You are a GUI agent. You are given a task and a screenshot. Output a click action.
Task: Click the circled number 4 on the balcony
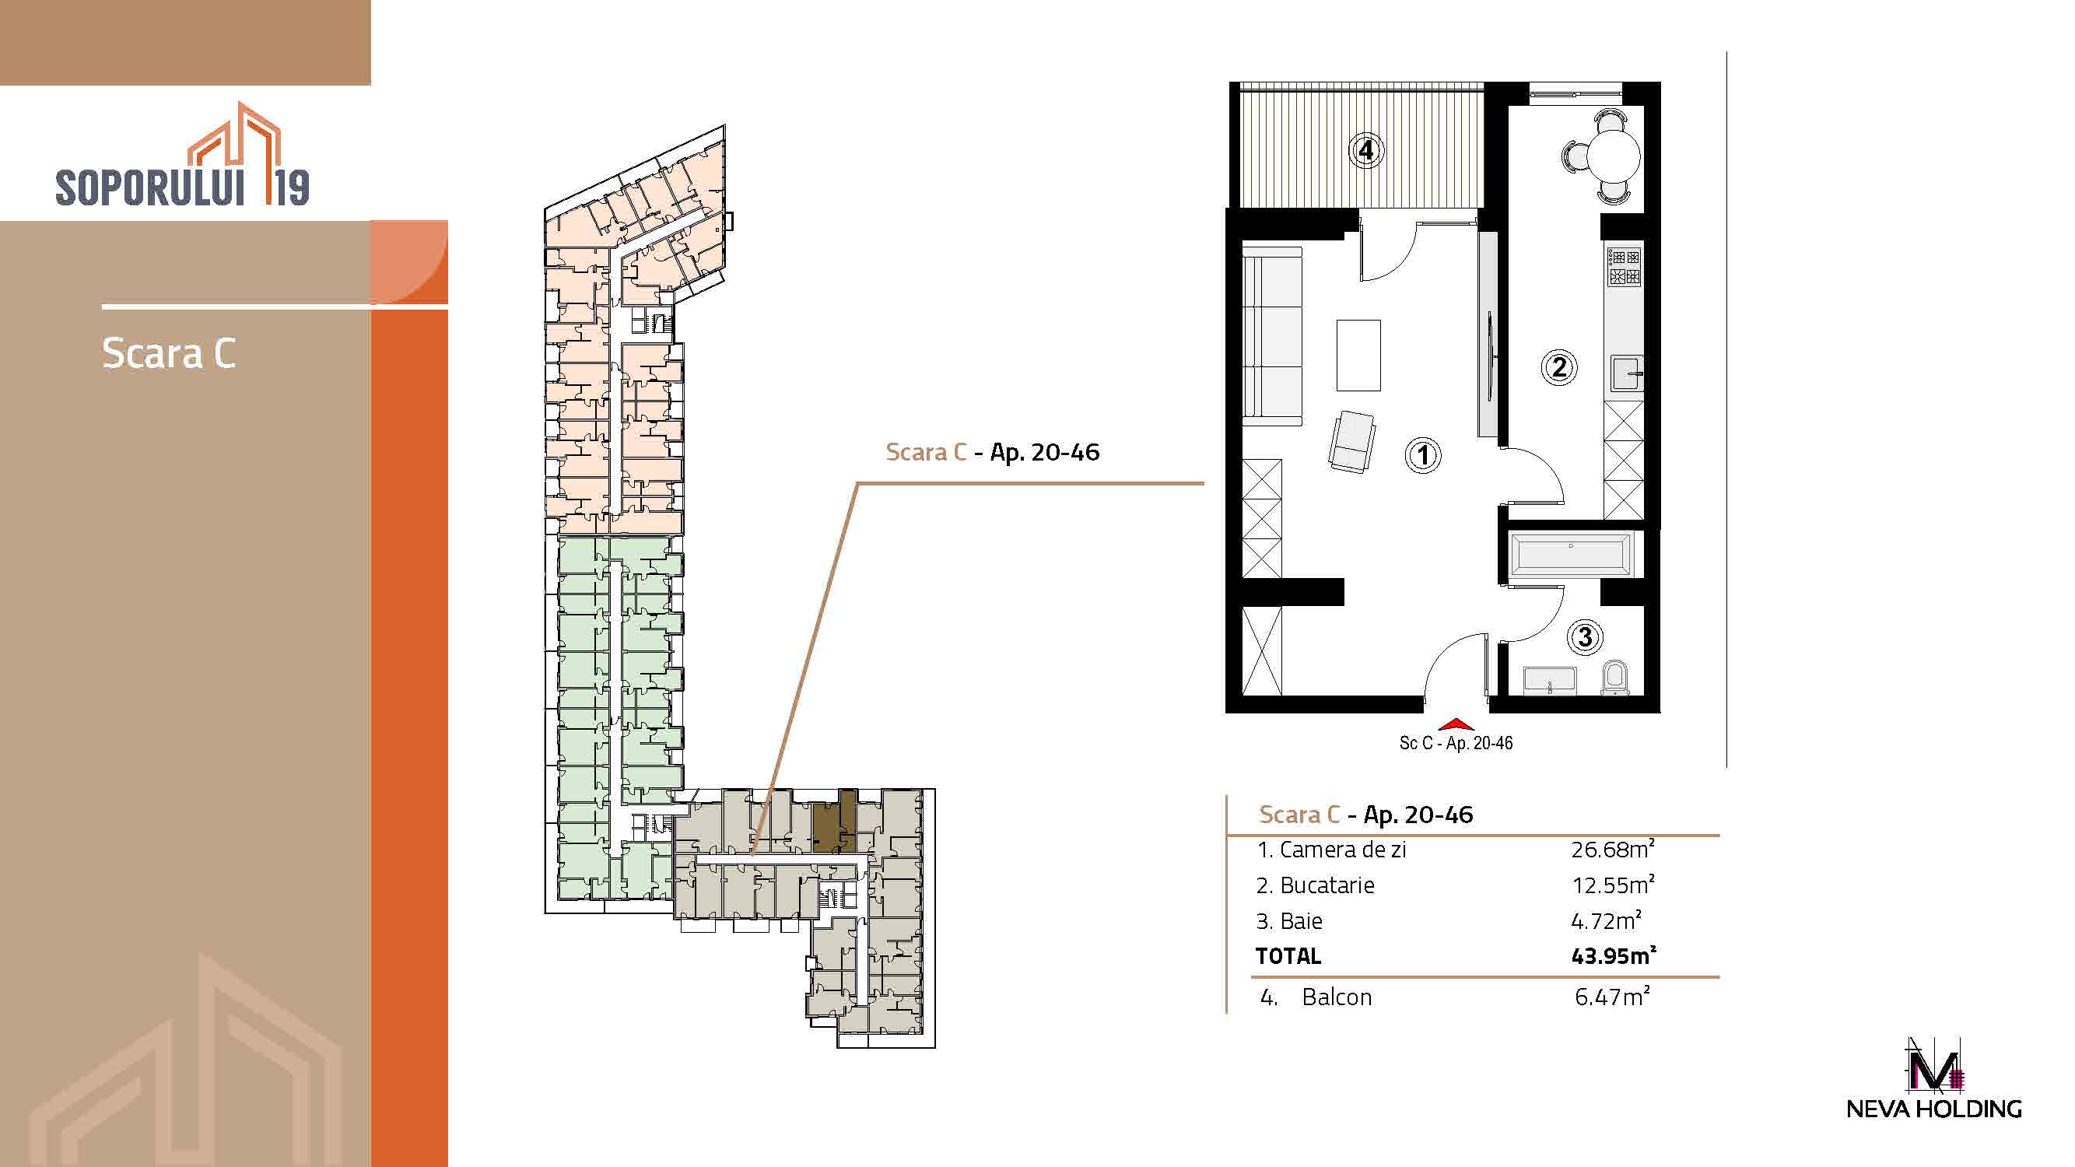(1366, 151)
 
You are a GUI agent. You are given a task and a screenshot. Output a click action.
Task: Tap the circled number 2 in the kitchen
(1558, 367)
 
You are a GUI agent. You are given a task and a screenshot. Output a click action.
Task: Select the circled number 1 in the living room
(1422, 455)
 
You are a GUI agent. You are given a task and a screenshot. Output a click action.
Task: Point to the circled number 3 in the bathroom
(1584, 637)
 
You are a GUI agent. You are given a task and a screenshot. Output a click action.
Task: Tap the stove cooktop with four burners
(1624, 268)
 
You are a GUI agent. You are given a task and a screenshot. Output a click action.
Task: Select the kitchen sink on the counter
(1626, 373)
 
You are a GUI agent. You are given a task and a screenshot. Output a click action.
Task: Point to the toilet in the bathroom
(1614, 678)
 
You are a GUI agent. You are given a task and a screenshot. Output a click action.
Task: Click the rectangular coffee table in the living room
(1358, 356)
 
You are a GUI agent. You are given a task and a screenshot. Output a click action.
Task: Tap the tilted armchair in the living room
(1351, 441)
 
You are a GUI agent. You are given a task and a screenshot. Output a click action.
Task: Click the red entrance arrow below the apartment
(1455, 724)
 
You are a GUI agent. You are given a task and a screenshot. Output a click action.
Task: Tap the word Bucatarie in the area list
(1327, 885)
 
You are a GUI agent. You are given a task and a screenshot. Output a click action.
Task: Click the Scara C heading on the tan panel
(169, 352)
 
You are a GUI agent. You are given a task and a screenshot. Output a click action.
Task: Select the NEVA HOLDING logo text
(1934, 1109)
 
